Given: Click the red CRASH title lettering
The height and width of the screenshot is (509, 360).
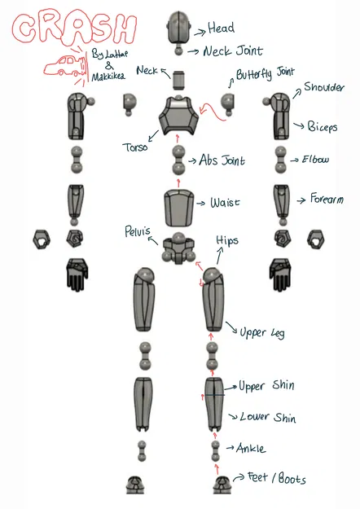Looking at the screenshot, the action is click(x=74, y=29).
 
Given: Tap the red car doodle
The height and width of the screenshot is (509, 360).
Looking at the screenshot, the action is click(x=66, y=66).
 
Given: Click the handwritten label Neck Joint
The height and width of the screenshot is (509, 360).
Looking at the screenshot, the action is click(x=233, y=51).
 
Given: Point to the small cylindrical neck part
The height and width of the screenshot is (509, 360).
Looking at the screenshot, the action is click(x=178, y=80).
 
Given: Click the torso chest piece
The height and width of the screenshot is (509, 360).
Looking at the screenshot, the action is click(x=178, y=115).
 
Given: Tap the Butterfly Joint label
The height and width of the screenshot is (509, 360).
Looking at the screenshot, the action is click(x=265, y=73).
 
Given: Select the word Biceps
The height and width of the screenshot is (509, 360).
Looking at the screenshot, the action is click(x=323, y=126).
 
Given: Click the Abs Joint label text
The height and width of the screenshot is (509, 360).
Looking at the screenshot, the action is click(x=222, y=160).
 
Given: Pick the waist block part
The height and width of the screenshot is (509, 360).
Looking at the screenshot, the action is click(x=178, y=208).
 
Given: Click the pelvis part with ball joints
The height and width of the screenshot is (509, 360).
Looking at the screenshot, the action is click(x=178, y=248).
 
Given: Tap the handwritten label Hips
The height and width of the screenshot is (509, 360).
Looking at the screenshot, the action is click(x=227, y=240).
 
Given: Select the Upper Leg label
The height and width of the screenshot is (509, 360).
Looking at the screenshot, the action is click(x=262, y=333).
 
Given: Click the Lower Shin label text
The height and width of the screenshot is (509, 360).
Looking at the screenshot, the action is click(x=268, y=417).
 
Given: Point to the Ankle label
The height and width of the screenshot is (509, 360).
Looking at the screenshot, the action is click(x=251, y=448).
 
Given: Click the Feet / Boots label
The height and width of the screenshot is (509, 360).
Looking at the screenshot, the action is click(x=277, y=478).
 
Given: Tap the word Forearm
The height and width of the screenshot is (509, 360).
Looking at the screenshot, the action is click(x=327, y=199).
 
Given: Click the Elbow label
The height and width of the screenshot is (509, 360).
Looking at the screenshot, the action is click(x=315, y=160).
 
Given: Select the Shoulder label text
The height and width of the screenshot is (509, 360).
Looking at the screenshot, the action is click(x=323, y=87).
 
